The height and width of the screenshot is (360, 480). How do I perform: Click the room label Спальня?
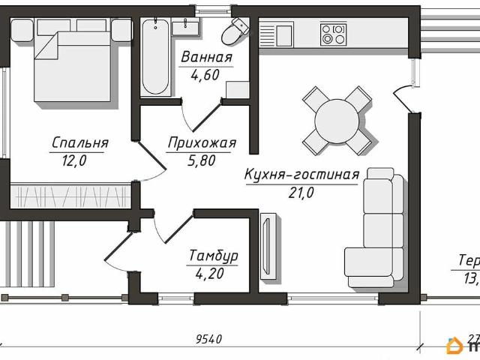coord(80,142)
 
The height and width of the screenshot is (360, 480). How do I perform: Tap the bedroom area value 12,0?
coord(69,159)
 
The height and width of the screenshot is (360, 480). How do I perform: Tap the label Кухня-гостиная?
coord(302,175)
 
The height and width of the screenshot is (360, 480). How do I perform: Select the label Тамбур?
coord(214,256)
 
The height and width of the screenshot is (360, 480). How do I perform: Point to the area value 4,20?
coord(211,273)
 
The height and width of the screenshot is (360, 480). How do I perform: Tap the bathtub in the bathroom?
coord(155,57)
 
